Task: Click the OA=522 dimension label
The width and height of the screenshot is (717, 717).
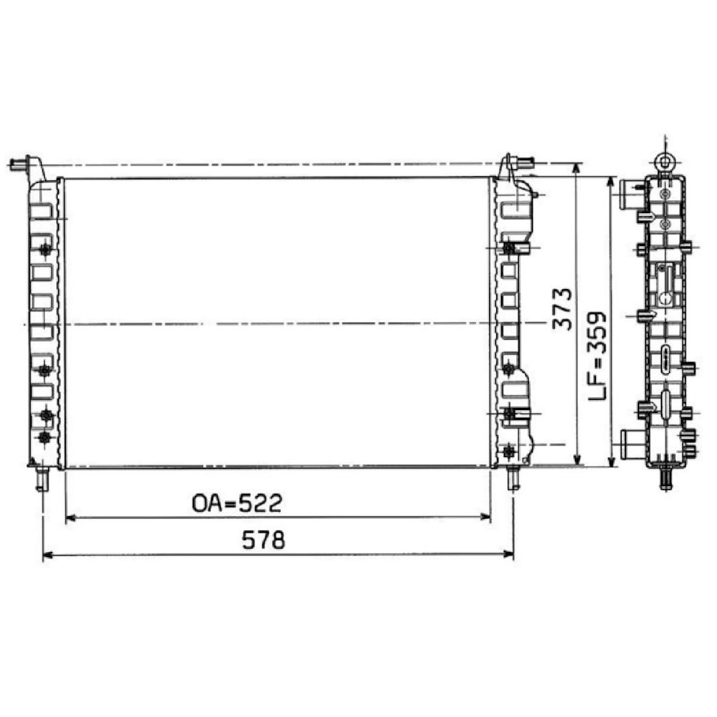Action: [x=237, y=503]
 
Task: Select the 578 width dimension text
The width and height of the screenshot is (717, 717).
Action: [x=263, y=540]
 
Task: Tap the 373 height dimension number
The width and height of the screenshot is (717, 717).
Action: [x=562, y=309]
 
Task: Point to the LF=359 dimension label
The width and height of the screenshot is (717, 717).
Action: [x=597, y=356]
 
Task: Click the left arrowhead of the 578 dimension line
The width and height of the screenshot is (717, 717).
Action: [x=47, y=555]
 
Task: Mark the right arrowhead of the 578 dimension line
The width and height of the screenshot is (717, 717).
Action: [x=508, y=555]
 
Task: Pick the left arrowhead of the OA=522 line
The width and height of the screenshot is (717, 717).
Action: [x=71, y=518]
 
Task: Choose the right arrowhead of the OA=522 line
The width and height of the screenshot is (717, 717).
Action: [x=485, y=518]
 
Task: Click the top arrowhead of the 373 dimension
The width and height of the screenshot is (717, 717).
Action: [x=577, y=168]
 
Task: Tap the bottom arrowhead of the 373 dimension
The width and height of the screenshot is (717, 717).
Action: [x=577, y=459]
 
